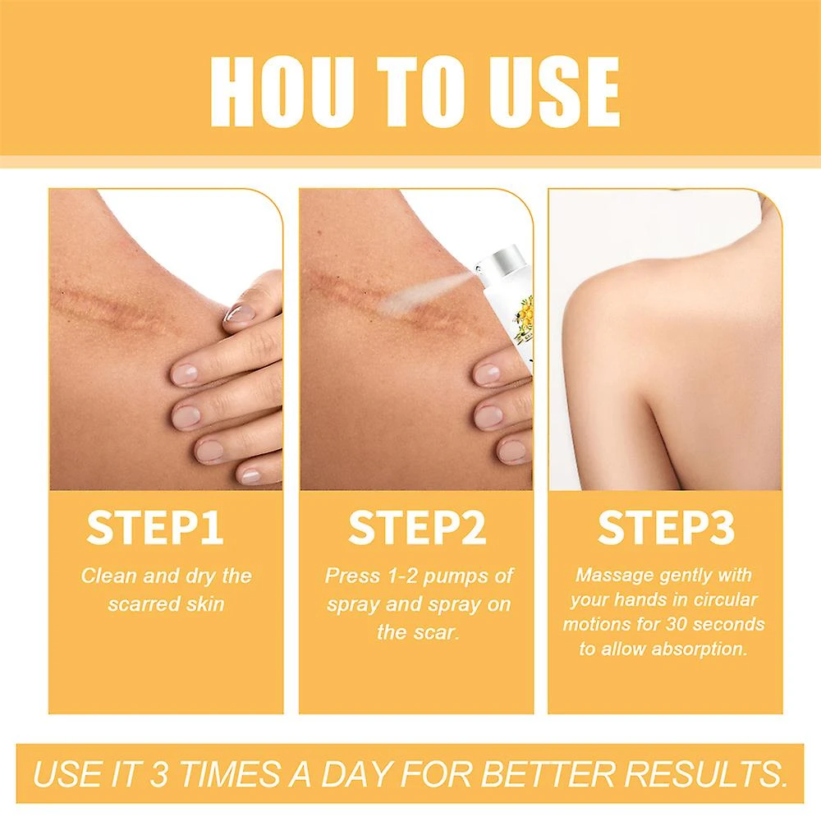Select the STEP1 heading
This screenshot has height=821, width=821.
155,527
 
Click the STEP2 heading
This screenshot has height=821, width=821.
417,527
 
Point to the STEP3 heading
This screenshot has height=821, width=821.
666,527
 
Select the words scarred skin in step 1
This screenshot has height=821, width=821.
166,604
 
